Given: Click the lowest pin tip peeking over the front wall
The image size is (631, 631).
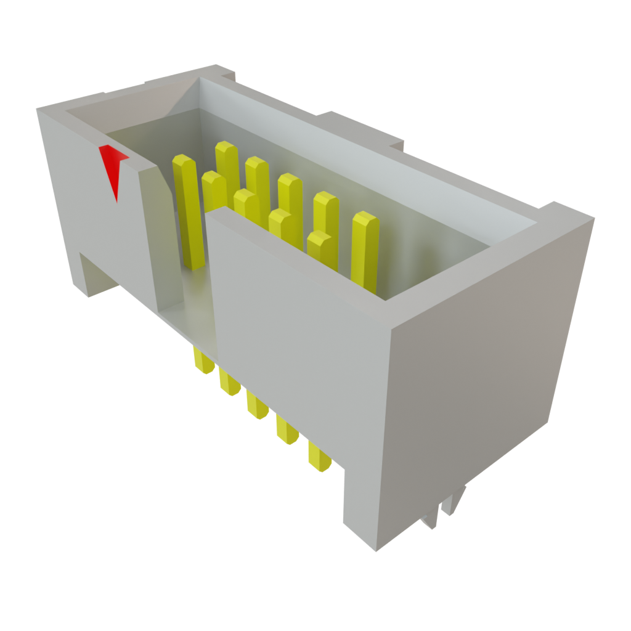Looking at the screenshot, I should [x=321, y=246].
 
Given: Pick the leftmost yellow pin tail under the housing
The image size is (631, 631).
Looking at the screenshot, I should [x=203, y=361].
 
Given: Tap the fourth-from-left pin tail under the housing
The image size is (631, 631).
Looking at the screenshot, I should [x=287, y=429].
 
